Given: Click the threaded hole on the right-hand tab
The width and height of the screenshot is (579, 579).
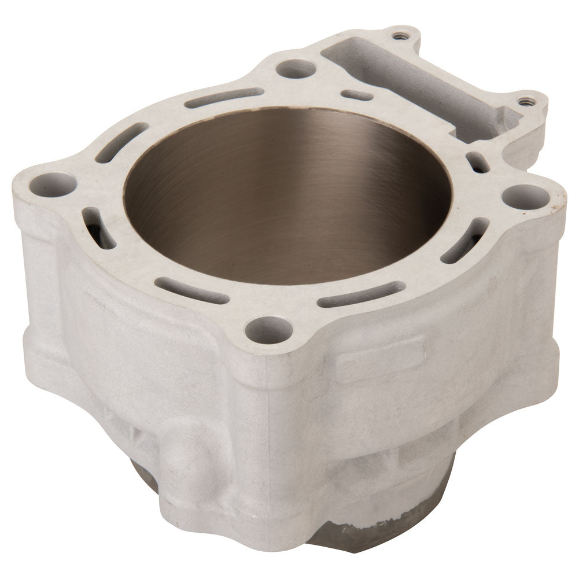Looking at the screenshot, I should click(x=525, y=102).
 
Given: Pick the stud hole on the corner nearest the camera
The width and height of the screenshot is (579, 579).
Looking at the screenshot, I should click(x=268, y=330).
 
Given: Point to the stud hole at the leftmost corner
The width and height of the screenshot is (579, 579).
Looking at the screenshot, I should click(x=53, y=184).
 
